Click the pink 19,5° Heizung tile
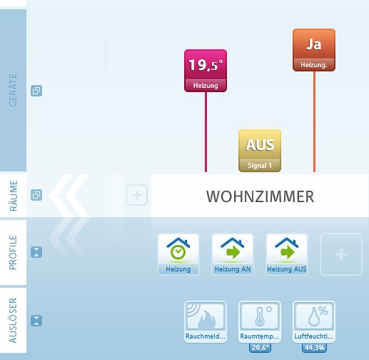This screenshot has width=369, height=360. point(206,71)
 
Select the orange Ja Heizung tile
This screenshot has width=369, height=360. point(314,50)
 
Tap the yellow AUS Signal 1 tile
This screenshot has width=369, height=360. point(260,151)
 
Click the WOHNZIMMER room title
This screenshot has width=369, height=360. point(260,196)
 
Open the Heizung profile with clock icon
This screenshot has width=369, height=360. point(178,254)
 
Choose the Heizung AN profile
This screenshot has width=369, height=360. point(233,254)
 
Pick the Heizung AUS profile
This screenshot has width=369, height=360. point(287,254)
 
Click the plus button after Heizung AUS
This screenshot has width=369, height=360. point(341,254)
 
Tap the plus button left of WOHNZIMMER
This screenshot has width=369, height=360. point(137,195)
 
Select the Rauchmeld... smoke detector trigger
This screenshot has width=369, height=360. point(206,322)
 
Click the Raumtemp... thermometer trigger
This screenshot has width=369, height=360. point(260,322)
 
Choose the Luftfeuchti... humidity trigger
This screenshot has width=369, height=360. point(314,322)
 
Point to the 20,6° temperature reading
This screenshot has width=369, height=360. point(260,348)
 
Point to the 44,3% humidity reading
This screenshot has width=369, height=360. point(314,348)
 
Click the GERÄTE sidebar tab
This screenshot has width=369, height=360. point(13,90)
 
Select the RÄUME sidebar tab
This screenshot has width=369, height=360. point(13,196)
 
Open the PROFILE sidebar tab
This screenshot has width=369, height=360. point(13,252)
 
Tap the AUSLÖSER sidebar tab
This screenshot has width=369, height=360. point(13,320)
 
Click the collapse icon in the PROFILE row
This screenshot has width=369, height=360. point(36,252)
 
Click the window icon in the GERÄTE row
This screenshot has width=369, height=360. point(36,91)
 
